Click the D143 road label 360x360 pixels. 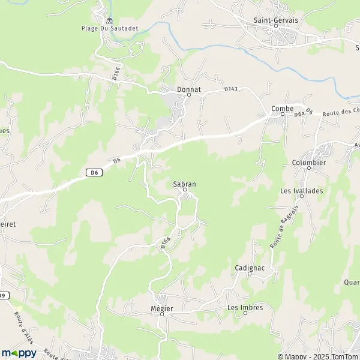[x=231, y=89]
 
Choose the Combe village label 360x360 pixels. [x=282, y=108]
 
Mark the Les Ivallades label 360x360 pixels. [x=301, y=191]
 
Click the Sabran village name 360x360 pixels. [x=185, y=183]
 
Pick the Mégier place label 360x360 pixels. [x=162, y=308]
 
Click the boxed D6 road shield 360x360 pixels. [x=92, y=173]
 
